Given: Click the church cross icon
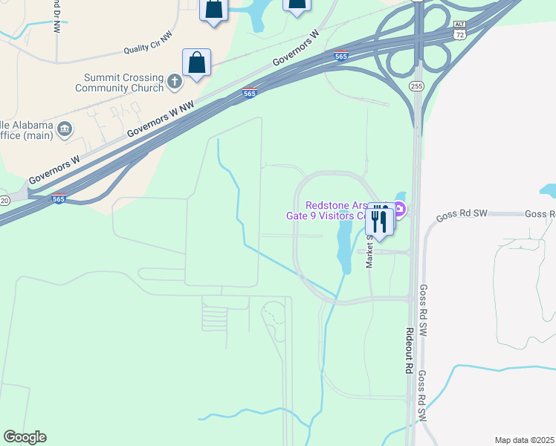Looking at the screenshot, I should pyautogui.click(x=175, y=81).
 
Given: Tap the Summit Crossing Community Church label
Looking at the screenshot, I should pyautogui.click(x=119, y=83).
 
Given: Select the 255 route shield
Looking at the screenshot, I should pyautogui.click(x=416, y=87).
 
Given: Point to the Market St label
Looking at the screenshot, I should pyautogui.click(x=369, y=251).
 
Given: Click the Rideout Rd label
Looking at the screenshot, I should pyautogui.click(x=408, y=349).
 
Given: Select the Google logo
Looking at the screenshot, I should pyautogui.click(x=25, y=437).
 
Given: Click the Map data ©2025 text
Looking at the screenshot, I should pyautogui.click(x=524, y=440).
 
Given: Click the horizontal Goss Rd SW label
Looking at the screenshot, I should pyautogui.click(x=461, y=214).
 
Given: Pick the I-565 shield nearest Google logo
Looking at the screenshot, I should pyautogui.click(x=59, y=198).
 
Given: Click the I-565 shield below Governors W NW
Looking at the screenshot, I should pyautogui.click(x=250, y=93).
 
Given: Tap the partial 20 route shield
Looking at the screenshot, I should pyautogui.click(x=4, y=201).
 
